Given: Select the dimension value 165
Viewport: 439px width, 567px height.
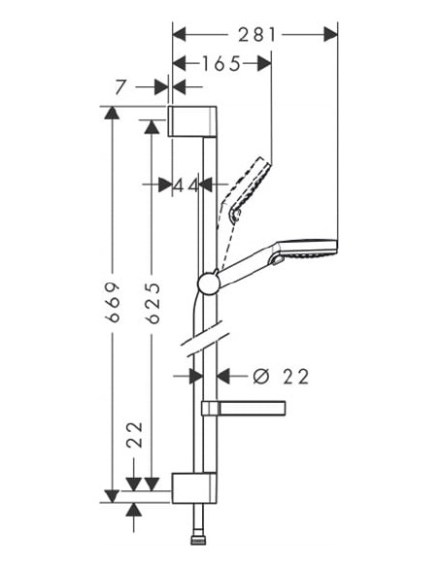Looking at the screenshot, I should [221, 64].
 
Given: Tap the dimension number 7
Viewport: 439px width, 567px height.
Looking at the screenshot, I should [120, 87].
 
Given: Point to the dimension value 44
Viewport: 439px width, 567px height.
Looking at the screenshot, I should [186, 184].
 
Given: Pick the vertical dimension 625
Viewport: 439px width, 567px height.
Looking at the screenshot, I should [151, 302].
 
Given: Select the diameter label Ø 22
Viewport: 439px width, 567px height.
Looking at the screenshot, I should [281, 377].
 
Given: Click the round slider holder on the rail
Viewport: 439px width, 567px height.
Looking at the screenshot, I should [207, 283].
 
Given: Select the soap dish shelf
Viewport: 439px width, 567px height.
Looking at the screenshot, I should [243, 407].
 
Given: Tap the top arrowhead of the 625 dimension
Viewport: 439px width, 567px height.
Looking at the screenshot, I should [151, 125].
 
